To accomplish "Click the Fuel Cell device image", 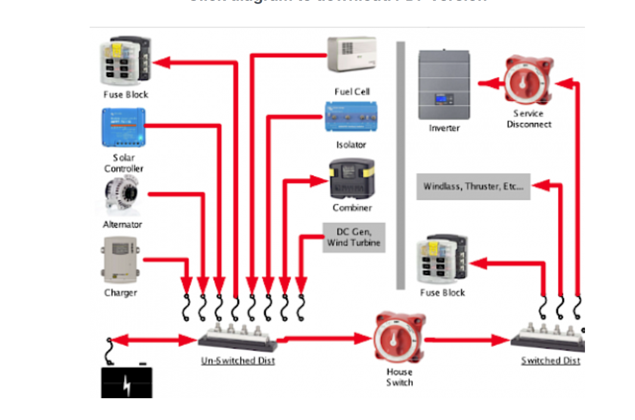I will point(352,54).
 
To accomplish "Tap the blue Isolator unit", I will point(351,117).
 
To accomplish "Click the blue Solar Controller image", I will point(124,128).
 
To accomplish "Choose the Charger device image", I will point(121,260).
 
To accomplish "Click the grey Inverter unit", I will point(444,85).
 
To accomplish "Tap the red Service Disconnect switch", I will point(529,80).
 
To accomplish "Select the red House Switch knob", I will point(399,338).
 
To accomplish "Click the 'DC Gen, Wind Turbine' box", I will point(354,237).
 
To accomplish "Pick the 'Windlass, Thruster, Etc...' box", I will point(473,187).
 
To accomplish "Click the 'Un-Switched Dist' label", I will point(238,361).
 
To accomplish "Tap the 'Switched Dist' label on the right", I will point(550,361).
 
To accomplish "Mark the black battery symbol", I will point(127,382).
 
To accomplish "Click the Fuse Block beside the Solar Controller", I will point(126,60).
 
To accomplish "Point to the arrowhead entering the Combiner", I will point(319,181).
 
